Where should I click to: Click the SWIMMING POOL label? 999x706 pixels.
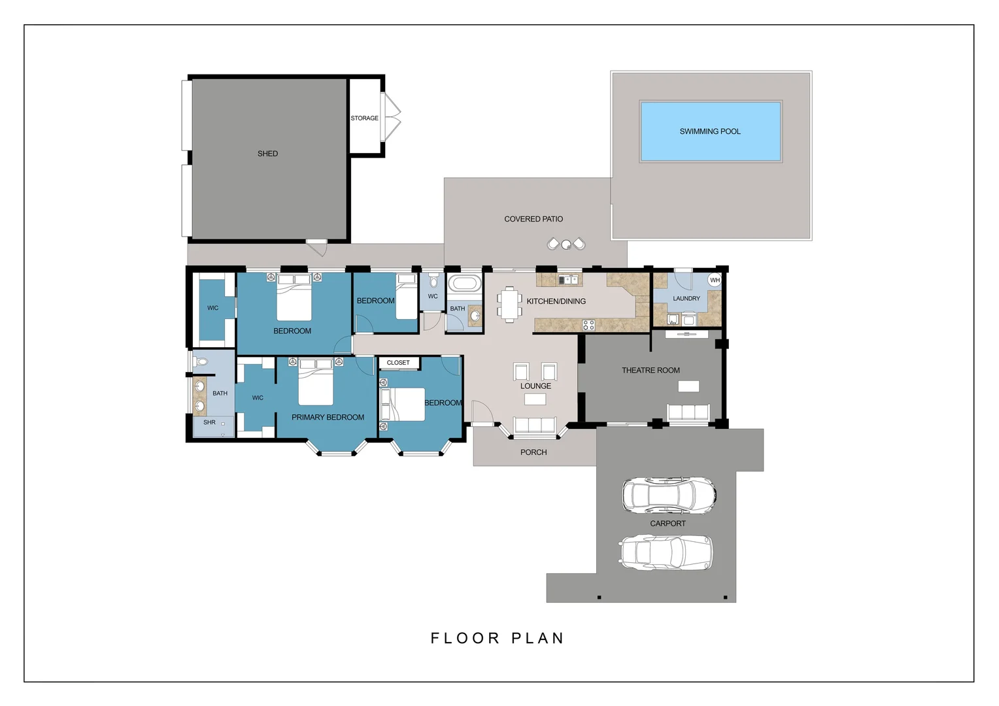point(709,131)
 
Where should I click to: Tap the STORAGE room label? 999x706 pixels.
point(364,118)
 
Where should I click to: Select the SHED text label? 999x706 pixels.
point(267,154)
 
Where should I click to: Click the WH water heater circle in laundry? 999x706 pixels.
point(715,280)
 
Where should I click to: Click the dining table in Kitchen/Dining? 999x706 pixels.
point(509,305)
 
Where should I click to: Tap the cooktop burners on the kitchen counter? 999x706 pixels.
point(588,324)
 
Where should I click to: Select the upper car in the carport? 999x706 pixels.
point(668,495)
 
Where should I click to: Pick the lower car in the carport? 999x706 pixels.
point(666,552)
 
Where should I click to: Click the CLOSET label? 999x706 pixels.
point(398,362)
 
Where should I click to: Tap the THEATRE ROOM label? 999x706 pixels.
point(651,370)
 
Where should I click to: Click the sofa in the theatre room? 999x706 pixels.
point(688,412)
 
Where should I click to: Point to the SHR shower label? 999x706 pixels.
point(209,422)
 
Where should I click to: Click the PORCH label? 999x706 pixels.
point(533,452)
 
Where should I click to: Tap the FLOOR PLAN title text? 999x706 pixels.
point(497,638)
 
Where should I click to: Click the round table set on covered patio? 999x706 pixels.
point(566,244)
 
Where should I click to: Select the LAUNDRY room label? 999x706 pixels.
point(686,298)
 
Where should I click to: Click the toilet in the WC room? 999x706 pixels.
point(433,282)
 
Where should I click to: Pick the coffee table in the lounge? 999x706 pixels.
point(535,399)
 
